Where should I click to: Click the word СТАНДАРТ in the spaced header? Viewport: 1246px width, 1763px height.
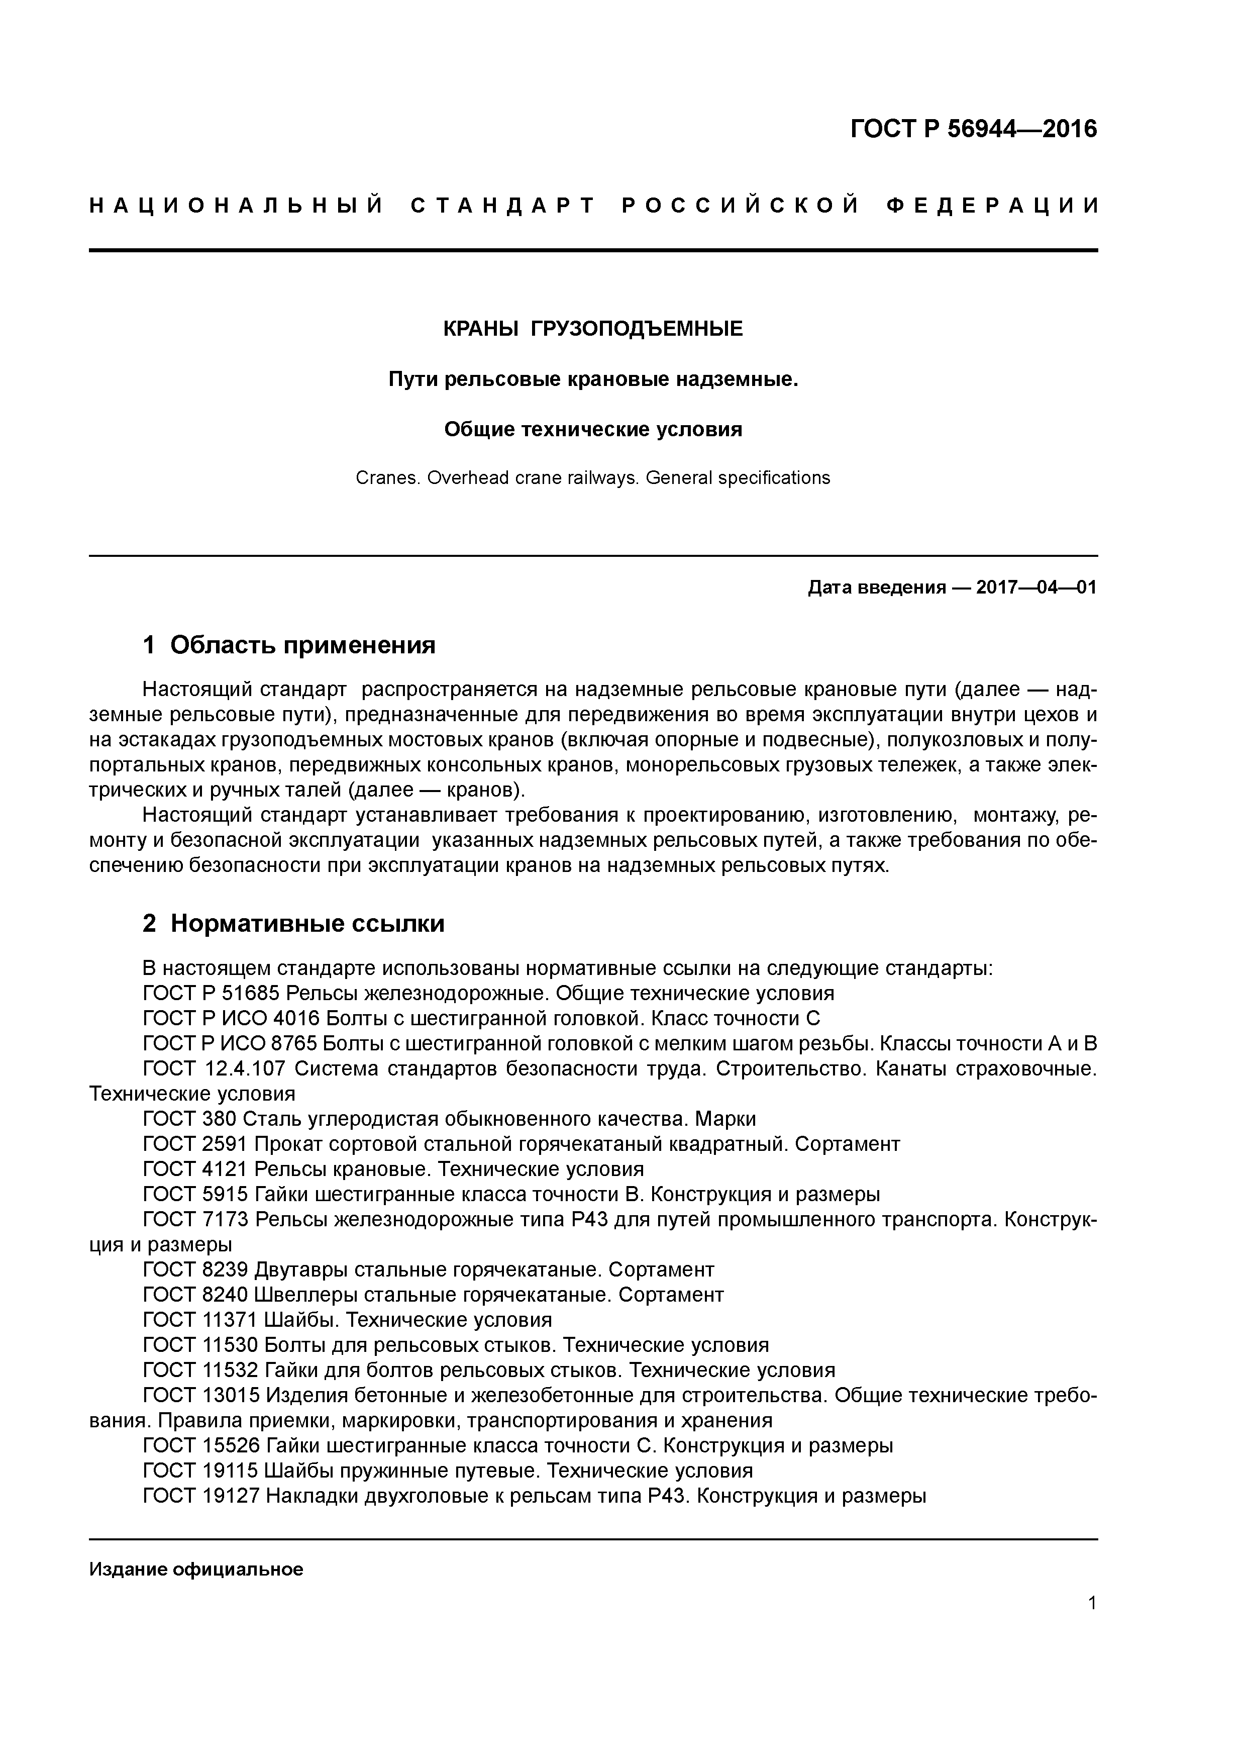[x=503, y=206]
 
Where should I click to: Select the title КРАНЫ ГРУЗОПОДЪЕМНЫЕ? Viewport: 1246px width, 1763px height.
[x=593, y=329]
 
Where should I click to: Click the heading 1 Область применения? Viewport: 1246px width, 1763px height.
[x=289, y=645]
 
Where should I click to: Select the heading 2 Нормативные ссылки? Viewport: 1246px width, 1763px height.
[x=293, y=924]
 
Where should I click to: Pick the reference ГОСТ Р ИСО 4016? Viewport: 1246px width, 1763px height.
[x=231, y=1019]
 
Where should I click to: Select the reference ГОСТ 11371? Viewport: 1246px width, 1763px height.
[x=200, y=1320]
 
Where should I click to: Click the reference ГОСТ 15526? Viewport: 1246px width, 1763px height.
[x=201, y=1446]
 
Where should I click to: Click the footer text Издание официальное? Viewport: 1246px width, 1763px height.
[x=196, y=1570]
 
